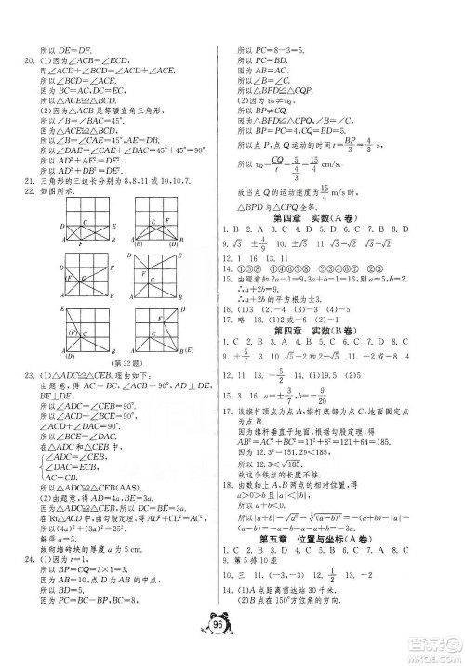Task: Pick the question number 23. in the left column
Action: pos(22,402)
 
